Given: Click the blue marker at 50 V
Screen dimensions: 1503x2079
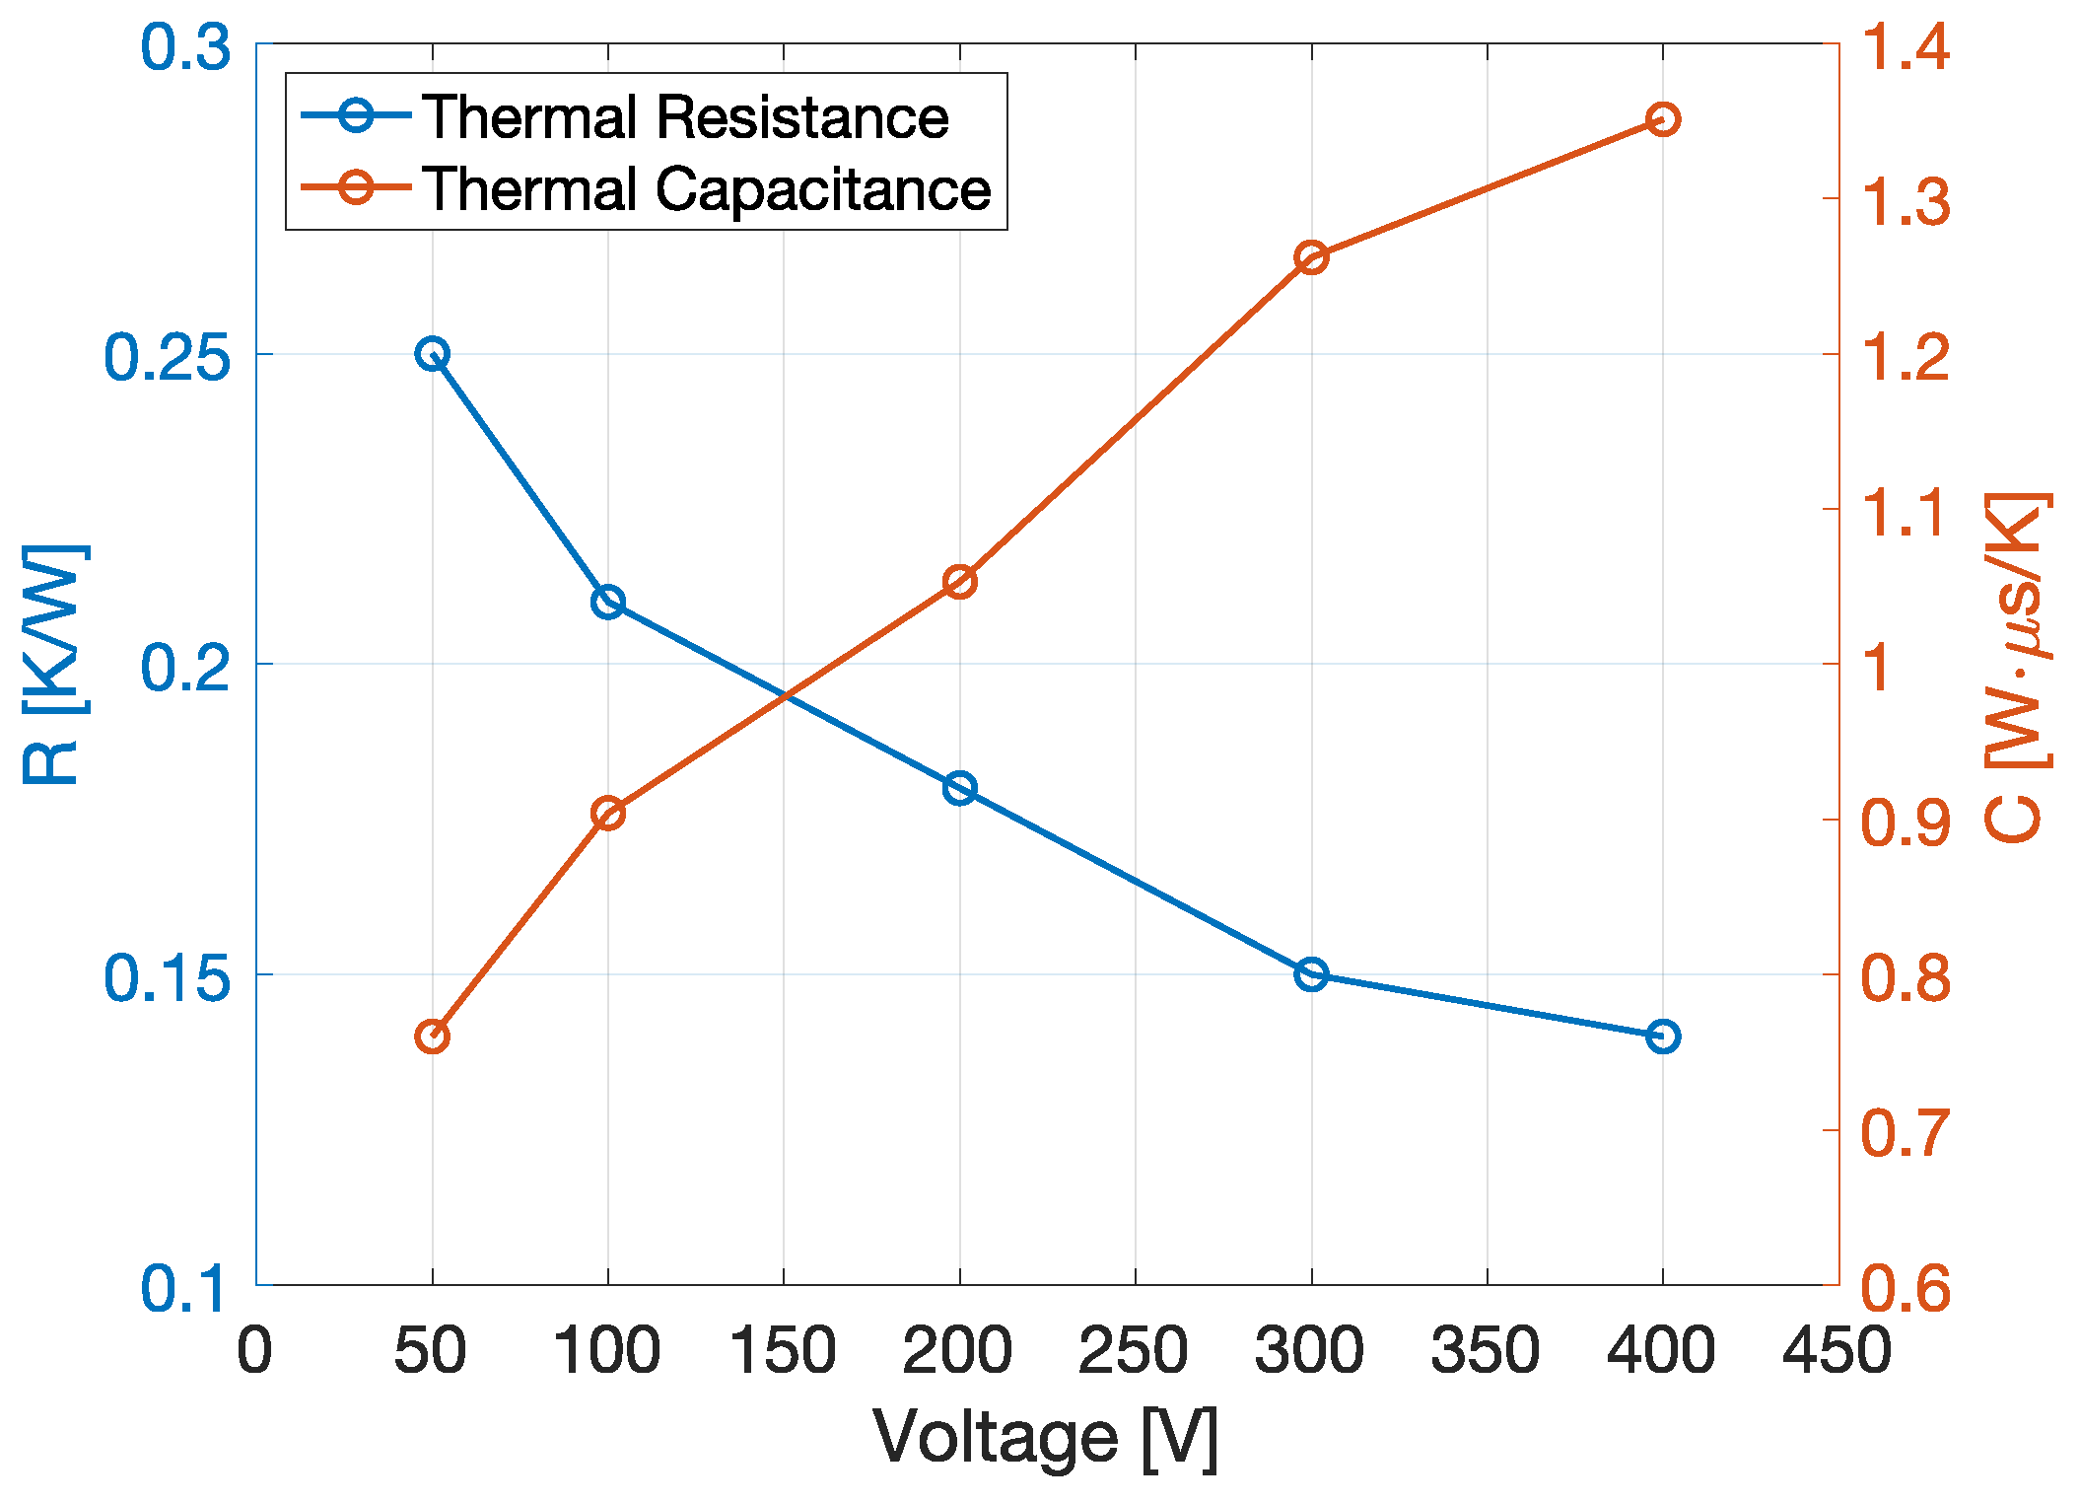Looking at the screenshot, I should click(432, 353).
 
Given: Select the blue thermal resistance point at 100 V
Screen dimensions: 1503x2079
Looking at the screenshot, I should click(608, 602).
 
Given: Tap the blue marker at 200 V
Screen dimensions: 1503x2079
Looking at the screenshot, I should click(959, 788).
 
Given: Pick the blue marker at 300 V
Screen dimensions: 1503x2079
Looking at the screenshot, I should click(1311, 974).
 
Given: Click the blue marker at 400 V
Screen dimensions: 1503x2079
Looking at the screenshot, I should click(1663, 1037).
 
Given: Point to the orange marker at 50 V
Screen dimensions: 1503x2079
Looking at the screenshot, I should click(432, 1037).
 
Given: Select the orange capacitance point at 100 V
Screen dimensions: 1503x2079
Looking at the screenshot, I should click(608, 814).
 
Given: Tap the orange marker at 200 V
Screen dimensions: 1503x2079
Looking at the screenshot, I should click(959, 582).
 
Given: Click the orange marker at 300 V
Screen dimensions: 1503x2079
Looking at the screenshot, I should click(1311, 257).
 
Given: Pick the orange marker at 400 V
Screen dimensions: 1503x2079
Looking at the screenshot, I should click(1663, 119).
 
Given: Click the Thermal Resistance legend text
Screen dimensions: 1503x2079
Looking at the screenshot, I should click(685, 117).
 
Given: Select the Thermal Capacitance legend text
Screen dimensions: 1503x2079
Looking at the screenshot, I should click(706, 188).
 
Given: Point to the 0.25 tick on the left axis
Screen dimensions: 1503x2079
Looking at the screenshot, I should click(167, 357).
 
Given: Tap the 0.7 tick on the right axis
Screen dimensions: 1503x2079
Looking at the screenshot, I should click(1905, 1132).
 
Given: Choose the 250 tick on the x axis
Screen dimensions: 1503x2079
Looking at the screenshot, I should click(1134, 1350).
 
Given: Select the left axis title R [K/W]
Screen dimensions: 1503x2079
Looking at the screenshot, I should click(54, 663).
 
